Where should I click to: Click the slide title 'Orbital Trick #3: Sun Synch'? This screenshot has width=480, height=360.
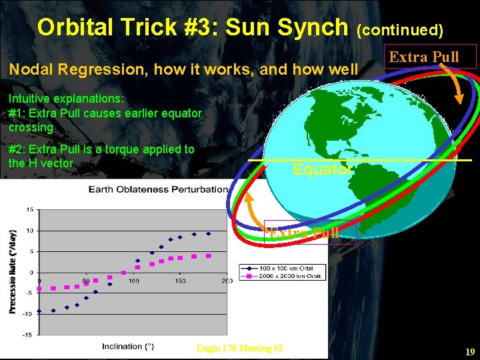coord(193,27)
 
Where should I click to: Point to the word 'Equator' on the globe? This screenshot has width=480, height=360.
coord(323,170)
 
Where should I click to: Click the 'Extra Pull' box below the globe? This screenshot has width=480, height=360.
coord(311,233)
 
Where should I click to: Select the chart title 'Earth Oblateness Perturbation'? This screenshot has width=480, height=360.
coord(159,189)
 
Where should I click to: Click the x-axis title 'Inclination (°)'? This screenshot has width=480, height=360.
coord(128,346)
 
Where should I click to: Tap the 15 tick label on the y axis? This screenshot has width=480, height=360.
coord(29,209)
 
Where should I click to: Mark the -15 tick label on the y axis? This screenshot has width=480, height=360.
coord(27,335)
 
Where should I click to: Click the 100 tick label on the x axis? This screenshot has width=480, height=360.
coord(134,281)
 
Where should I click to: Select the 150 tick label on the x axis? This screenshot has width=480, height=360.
coord(180,281)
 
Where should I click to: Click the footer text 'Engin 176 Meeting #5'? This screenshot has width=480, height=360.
coord(240,348)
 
